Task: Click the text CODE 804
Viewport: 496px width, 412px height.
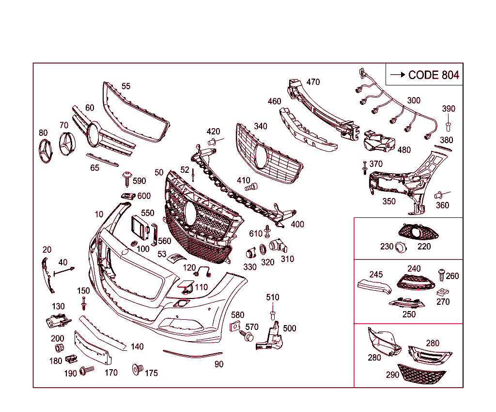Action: tap(433, 75)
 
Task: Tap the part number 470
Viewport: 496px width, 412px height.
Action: tap(313, 82)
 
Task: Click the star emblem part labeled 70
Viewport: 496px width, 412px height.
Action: tap(68, 144)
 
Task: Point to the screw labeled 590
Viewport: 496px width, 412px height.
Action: tap(127, 178)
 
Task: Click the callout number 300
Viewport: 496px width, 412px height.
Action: tap(414, 100)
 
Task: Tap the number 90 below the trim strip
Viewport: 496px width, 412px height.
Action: tap(219, 364)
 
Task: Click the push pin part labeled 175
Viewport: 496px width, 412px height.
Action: tap(137, 370)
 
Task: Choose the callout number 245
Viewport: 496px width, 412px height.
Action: tap(376, 274)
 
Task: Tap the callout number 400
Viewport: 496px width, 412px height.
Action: tap(297, 225)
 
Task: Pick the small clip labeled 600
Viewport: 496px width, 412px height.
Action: tap(127, 196)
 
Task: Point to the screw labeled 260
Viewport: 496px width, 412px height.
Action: tap(441, 274)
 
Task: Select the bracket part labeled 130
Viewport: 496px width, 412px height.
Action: tap(57, 321)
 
